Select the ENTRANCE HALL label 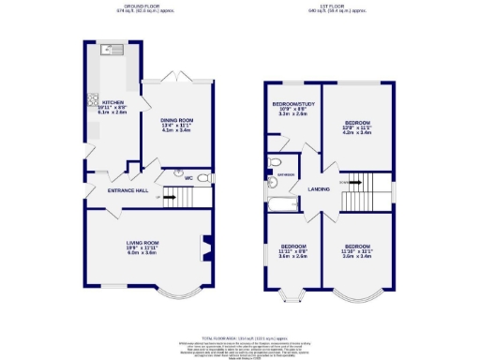click(x=127, y=191)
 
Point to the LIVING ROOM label click(x=143, y=243)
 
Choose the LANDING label click(x=319, y=190)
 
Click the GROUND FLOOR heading click(x=141, y=7)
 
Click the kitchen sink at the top click(x=106, y=50)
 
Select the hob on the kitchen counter click(x=92, y=98)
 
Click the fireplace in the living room click(x=205, y=248)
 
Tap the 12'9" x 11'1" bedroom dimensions click(x=357, y=127)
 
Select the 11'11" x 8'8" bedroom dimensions click(x=292, y=250)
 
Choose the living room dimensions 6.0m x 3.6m click(x=143, y=254)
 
